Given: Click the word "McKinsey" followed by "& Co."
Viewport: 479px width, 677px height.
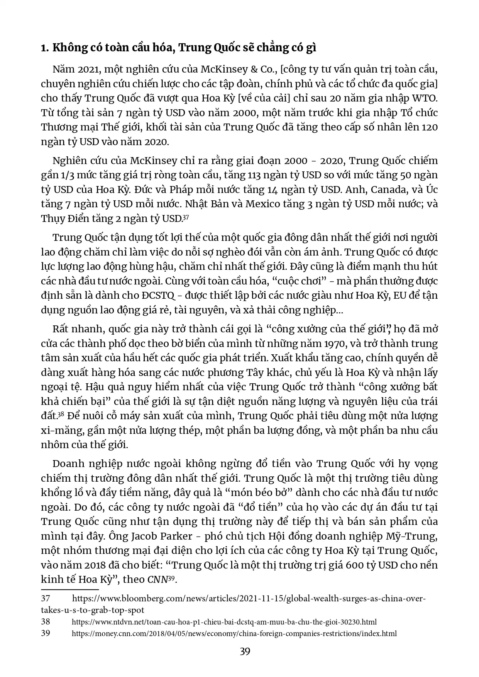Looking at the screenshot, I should [225, 70].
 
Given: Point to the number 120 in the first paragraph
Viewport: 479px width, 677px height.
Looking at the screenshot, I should [430, 127].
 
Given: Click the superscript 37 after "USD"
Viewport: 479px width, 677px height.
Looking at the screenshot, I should [185, 217].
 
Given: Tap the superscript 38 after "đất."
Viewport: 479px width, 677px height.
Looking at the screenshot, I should [61, 415].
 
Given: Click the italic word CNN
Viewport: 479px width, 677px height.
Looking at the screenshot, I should [157, 580].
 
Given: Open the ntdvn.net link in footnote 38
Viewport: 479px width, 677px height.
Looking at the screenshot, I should [224, 622].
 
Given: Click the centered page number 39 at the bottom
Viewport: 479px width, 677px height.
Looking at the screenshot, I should [245, 652].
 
